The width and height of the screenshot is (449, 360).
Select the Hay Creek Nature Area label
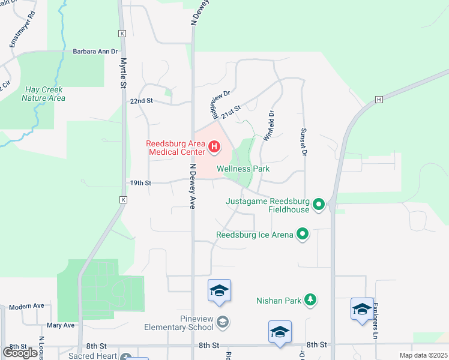(44, 94)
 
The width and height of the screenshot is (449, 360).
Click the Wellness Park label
(243, 169)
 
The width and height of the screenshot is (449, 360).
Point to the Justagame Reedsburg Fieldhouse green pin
(319, 205)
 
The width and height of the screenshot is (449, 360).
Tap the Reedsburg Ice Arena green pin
(303, 235)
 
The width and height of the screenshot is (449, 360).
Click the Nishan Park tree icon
(310, 299)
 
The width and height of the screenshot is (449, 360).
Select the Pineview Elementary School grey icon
(223, 323)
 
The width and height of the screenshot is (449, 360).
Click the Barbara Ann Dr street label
(95, 52)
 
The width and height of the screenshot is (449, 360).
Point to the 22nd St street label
(142, 101)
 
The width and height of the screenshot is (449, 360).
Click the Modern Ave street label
(26, 306)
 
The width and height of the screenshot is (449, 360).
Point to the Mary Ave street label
(60, 325)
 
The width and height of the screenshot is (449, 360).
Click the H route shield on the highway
(379, 100)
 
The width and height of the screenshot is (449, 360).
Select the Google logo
(20, 353)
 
